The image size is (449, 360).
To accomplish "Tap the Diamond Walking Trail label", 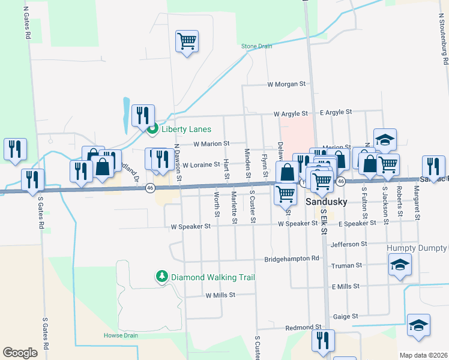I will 213,277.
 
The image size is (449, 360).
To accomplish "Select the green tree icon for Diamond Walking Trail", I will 161,277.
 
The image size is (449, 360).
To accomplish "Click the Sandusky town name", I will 327,202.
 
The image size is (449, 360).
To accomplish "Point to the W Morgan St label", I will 286,84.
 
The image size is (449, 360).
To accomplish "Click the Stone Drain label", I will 256,46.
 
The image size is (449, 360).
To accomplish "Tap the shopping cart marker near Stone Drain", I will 187,41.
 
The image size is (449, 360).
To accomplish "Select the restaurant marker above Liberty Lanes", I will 143,115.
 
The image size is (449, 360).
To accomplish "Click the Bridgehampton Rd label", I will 292,259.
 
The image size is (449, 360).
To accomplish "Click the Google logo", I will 20,353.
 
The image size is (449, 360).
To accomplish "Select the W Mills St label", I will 220,295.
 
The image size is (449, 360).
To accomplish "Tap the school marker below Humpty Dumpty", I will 400,265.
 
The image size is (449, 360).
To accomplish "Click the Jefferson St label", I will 348,244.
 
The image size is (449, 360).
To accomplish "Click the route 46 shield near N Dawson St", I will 148,188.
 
